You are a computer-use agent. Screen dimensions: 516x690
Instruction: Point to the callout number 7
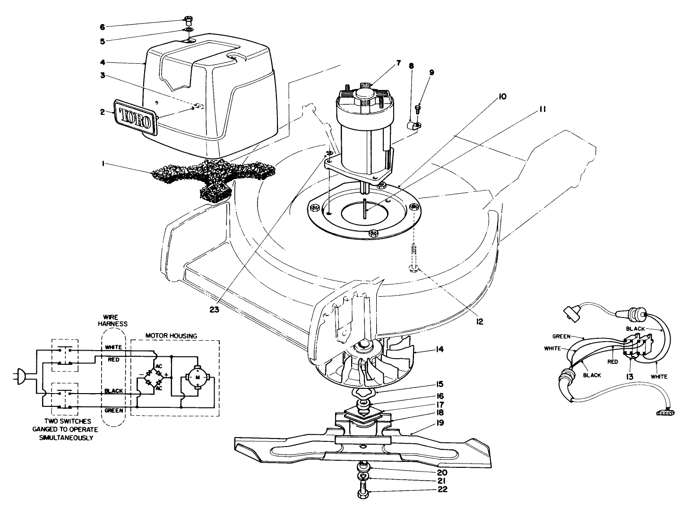398,63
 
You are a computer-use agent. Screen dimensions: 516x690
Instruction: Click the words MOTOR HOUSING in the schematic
171,336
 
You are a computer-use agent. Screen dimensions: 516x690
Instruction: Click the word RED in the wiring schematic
113,360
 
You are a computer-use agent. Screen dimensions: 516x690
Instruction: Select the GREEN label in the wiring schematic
114,410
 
